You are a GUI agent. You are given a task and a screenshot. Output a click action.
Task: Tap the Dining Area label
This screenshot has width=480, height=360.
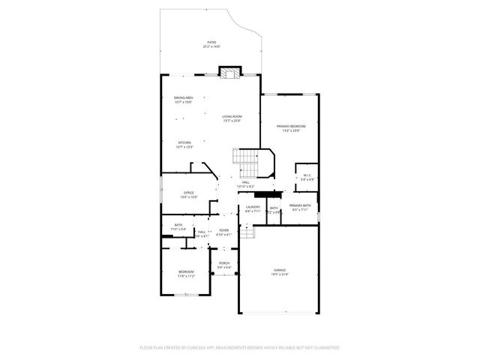click(184, 97)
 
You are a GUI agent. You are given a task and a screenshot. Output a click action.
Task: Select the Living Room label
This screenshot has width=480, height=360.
click(232, 116)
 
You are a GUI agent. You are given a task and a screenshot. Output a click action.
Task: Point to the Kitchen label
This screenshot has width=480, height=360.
click(184, 142)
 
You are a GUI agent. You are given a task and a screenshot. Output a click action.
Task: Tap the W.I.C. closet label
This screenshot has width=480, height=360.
click(307, 175)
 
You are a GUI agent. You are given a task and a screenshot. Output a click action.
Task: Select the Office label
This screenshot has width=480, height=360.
click(189, 193)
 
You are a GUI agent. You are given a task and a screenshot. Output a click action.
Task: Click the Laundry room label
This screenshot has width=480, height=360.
click(253, 207)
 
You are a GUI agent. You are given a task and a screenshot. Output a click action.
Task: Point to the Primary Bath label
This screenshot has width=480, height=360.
click(300, 205)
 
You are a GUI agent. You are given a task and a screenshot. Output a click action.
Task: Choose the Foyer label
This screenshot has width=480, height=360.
click(224, 230)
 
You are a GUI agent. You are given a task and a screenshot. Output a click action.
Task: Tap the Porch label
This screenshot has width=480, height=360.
click(224, 263)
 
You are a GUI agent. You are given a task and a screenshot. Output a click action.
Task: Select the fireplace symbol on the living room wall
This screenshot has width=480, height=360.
click(229, 73)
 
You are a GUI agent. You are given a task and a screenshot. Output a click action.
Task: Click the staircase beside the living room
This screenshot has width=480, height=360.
click(247, 160)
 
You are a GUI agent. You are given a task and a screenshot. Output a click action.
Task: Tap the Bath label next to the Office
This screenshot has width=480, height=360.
click(178, 225)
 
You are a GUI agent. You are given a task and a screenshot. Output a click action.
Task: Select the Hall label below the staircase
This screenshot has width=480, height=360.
click(245, 182)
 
